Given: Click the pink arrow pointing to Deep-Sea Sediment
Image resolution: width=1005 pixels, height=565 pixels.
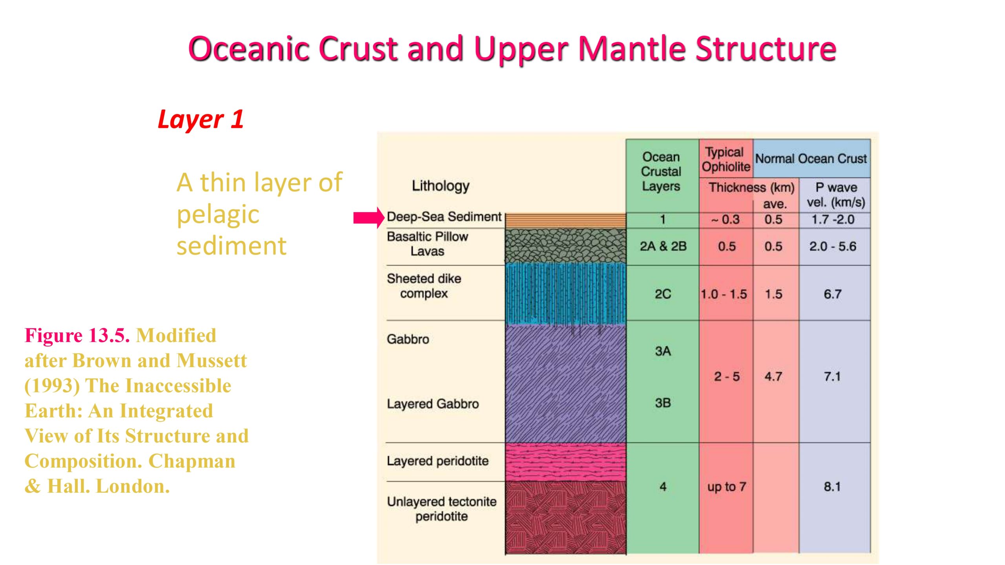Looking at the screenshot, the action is click(369, 218).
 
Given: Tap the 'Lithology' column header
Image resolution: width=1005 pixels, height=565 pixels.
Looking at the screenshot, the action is click(440, 186).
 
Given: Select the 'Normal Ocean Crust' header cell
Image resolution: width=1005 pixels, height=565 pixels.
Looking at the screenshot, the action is click(811, 159).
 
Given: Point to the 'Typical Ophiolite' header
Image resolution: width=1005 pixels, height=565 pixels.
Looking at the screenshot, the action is click(726, 159).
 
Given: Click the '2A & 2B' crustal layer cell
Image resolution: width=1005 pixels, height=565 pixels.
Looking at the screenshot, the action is click(663, 246).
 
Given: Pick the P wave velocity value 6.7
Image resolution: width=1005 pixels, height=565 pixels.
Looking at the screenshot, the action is click(833, 294).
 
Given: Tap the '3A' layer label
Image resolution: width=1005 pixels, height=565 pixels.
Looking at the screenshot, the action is click(663, 351).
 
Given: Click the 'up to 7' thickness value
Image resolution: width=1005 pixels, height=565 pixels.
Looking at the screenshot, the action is click(727, 487).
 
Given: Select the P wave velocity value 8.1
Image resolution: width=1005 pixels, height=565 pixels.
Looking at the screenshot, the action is click(832, 487).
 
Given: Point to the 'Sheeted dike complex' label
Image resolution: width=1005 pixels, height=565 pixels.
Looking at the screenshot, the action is click(424, 286).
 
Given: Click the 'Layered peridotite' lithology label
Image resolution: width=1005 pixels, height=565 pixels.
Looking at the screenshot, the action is click(438, 461).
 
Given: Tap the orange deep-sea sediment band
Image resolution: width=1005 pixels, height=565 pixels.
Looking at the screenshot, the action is click(565, 221).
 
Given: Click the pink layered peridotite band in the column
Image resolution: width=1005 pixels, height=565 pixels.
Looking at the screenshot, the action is click(565, 462).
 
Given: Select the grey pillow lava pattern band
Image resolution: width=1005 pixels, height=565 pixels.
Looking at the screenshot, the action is click(565, 246).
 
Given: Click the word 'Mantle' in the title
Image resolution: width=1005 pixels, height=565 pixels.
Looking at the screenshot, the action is click(632, 49).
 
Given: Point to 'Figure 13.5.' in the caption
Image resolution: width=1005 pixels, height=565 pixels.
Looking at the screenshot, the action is click(77, 335).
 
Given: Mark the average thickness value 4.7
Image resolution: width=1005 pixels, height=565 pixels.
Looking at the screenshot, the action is click(773, 377).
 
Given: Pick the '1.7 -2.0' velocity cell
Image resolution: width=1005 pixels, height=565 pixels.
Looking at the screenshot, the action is click(833, 219).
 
